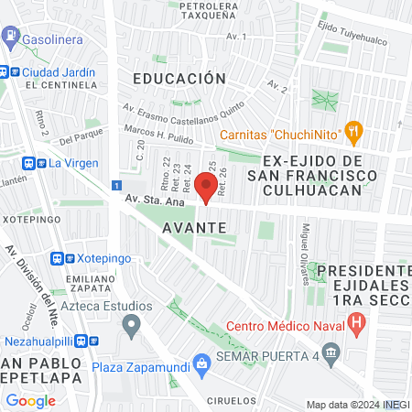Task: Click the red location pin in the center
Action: point(206,190)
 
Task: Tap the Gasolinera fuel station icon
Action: point(11,39)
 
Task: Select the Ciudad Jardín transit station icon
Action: point(11,71)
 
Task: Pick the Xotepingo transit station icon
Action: point(58,259)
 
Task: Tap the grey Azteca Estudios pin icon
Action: point(133,323)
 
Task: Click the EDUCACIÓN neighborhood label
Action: point(179,79)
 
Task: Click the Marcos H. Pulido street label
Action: point(162,134)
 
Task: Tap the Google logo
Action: point(31,400)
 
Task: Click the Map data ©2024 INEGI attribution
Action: point(357,405)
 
